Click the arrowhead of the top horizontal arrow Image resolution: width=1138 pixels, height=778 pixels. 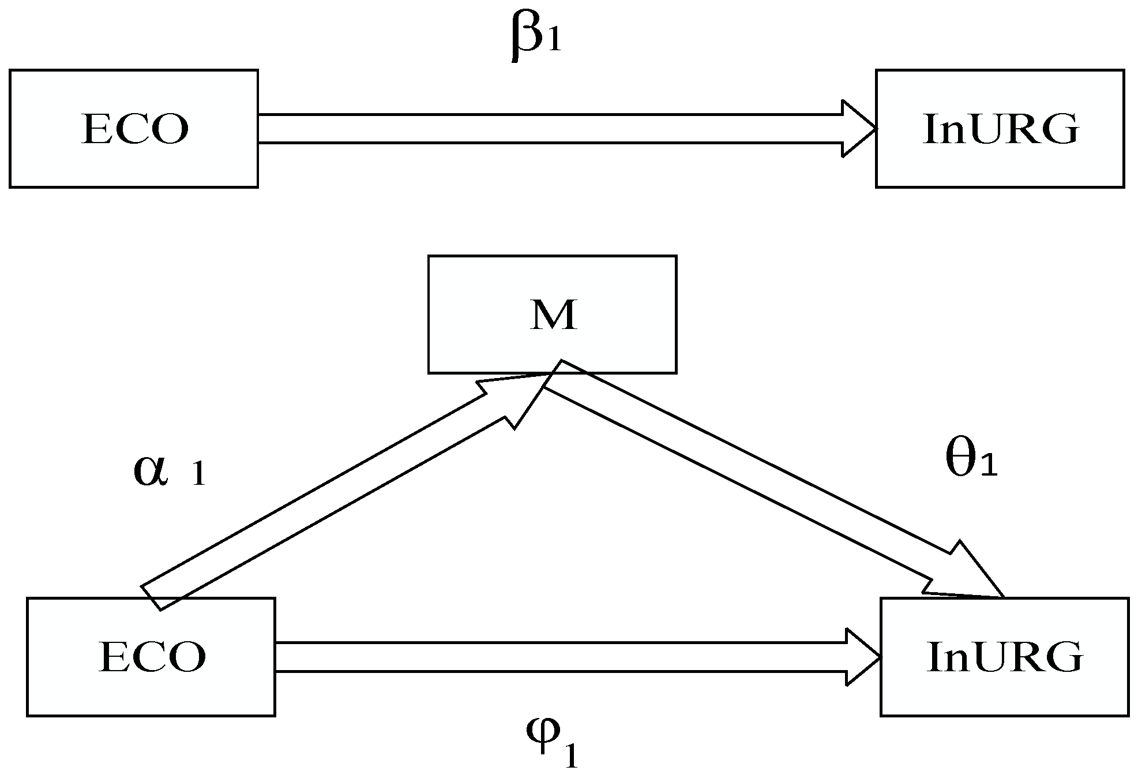click(859, 129)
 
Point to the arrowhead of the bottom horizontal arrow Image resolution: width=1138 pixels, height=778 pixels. click(863, 657)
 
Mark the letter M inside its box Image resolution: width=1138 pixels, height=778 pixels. click(553, 315)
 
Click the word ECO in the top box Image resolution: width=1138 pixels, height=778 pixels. click(135, 129)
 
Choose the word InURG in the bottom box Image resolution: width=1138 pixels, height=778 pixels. click(1005, 658)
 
